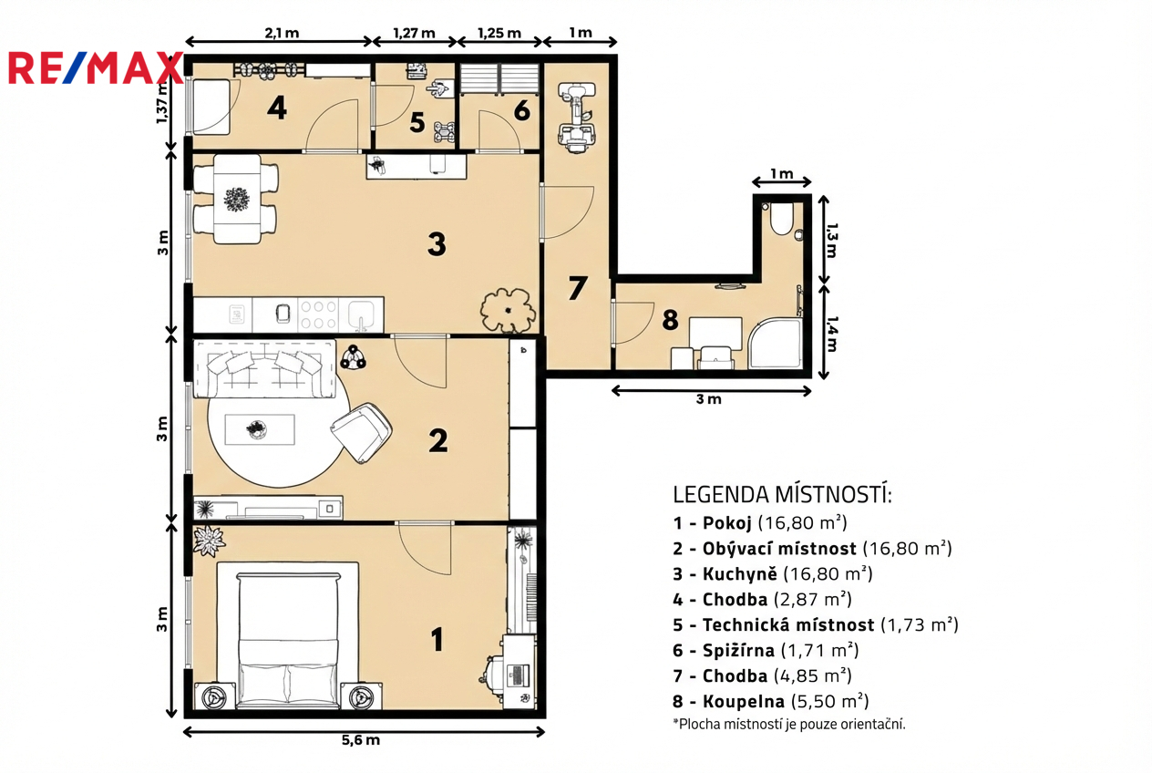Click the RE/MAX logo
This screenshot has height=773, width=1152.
(x=96, y=67)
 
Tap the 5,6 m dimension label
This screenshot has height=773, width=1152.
(x=361, y=740)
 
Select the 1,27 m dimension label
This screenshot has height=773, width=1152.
(x=414, y=33)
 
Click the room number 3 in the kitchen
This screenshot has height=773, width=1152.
(x=437, y=244)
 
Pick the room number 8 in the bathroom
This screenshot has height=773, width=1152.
(x=670, y=319)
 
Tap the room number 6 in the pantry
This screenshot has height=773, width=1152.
(x=522, y=110)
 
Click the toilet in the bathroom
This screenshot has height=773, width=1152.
(x=782, y=219)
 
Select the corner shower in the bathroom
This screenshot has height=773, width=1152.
(x=775, y=343)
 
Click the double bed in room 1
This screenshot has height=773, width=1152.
(x=288, y=635)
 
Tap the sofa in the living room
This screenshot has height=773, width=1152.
(x=264, y=368)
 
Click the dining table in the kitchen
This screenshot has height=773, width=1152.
(x=237, y=199)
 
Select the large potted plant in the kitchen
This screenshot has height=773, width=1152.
(x=509, y=310)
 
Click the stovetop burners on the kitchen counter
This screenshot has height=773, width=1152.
(x=318, y=314)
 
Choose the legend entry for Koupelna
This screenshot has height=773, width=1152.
(x=770, y=701)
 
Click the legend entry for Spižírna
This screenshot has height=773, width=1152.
(x=766, y=650)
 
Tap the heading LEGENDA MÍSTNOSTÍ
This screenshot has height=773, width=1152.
(x=782, y=494)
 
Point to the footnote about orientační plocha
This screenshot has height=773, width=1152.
(x=789, y=724)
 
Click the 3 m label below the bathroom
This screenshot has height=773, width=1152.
(x=709, y=399)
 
